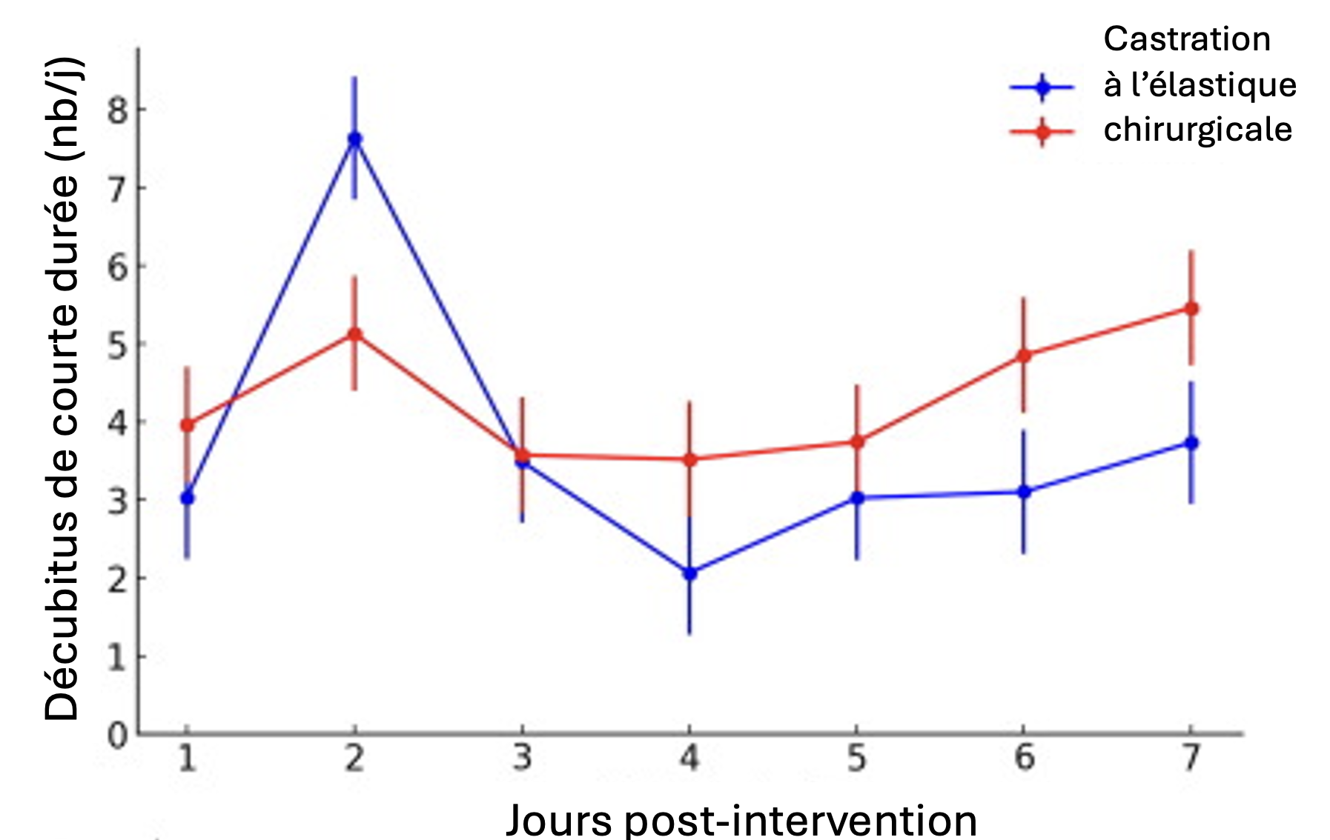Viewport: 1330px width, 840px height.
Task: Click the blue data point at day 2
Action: coord(354,139)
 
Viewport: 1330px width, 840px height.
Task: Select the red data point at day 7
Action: coord(1191,308)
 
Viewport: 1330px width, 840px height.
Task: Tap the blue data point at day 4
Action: coord(689,573)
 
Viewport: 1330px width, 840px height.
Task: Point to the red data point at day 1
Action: coord(187,425)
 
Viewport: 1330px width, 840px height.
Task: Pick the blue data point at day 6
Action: coord(1024,492)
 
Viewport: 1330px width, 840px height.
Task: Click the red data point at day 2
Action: coord(354,334)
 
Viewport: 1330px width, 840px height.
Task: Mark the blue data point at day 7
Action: coord(1191,443)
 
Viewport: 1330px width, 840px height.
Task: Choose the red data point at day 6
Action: coord(1024,356)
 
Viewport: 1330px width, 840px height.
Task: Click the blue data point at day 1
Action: coord(187,498)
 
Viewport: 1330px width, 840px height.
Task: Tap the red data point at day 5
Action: coord(857,441)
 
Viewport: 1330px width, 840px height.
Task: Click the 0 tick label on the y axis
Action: coord(117,736)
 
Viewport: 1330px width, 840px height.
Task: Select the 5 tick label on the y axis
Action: coord(117,345)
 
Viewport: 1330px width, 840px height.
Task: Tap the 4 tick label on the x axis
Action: coord(689,758)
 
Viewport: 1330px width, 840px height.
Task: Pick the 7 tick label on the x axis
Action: coord(1191,758)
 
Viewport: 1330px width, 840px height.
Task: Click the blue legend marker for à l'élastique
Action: coord(1042,87)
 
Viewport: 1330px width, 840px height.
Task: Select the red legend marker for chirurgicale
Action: coord(1042,133)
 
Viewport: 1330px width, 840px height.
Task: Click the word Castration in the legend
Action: coord(1186,39)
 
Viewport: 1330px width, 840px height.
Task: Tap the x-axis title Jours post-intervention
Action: coord(741,820)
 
